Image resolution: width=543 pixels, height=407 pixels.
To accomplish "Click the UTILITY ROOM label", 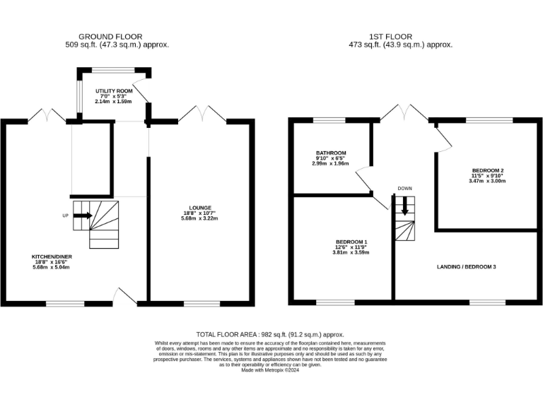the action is (x=114, y=91).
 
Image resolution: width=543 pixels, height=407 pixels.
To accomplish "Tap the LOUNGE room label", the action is (x=200, y=208).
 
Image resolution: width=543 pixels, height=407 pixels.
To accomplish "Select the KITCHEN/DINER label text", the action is (x=52, y=256).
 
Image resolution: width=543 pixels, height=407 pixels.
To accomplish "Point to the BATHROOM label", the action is (x=331, y=153).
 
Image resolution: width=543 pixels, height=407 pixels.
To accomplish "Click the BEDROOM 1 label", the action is (x=351, y=242).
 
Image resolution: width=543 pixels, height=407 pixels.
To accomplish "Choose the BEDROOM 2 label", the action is (x=488, y=170).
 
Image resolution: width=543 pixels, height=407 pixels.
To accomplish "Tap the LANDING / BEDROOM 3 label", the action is (x=466, y=267).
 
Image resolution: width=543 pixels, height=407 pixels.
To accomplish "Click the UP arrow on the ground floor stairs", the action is (x=83, y=216).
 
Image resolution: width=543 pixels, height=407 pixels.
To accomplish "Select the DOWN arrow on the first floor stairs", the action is (x=404, y=206).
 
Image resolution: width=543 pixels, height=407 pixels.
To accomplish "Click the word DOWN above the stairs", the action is (x=405, y=189).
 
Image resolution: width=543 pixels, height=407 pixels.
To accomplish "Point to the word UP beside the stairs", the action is (x=66, y=216).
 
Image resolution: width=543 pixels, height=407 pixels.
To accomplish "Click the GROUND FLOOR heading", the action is (x=110, y=37).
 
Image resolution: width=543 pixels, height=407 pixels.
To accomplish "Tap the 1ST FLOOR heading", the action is (x=390, y=37).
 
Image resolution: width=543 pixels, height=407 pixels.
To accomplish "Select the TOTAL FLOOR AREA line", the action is (x=270, y=335).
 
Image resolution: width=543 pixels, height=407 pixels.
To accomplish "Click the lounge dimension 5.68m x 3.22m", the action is (x=199, y=218).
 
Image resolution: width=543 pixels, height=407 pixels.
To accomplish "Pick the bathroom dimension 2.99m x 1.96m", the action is (x=330, y=163).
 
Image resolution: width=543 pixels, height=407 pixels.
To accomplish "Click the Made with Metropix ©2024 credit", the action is (x=270, y=370).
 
